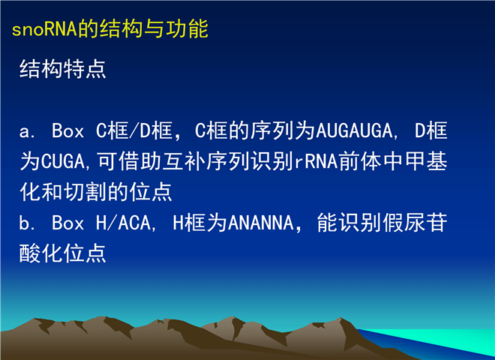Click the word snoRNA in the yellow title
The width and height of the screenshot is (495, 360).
pyautogui.click(x=44, y=29)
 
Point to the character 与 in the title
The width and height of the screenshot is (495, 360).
pyautogui.click(x=154, y=28)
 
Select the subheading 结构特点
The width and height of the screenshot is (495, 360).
pyautogui.click(x=62, y=69)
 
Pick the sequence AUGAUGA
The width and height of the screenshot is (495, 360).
pyautogui.click(x=354, y=130)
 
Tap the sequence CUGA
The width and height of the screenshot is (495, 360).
pyautogui.click(x=63, y=161)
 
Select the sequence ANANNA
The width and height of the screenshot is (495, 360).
pyautogui.click(x=261, y=223)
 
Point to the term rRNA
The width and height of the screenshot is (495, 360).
pyautogui.click(x=316, y=161)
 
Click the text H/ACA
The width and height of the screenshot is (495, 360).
pyautogui.click(x=124, y=223)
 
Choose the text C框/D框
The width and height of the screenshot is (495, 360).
pyautogui.click(x=134, y=130)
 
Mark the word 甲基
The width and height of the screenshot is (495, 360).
pyautogui.click(x=426, y=161)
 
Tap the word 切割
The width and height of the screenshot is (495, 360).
pyautogui.click(x=85, y=192)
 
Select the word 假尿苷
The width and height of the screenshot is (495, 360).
pyautogui.click(x=415, y=222)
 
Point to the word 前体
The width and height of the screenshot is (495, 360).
pyautogui.click(x=361, y=161)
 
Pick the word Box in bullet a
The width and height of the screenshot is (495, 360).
pyautogui.click(x=67, y=130)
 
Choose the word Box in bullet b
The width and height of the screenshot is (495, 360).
pyautogui.click(x=67, y=223)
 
